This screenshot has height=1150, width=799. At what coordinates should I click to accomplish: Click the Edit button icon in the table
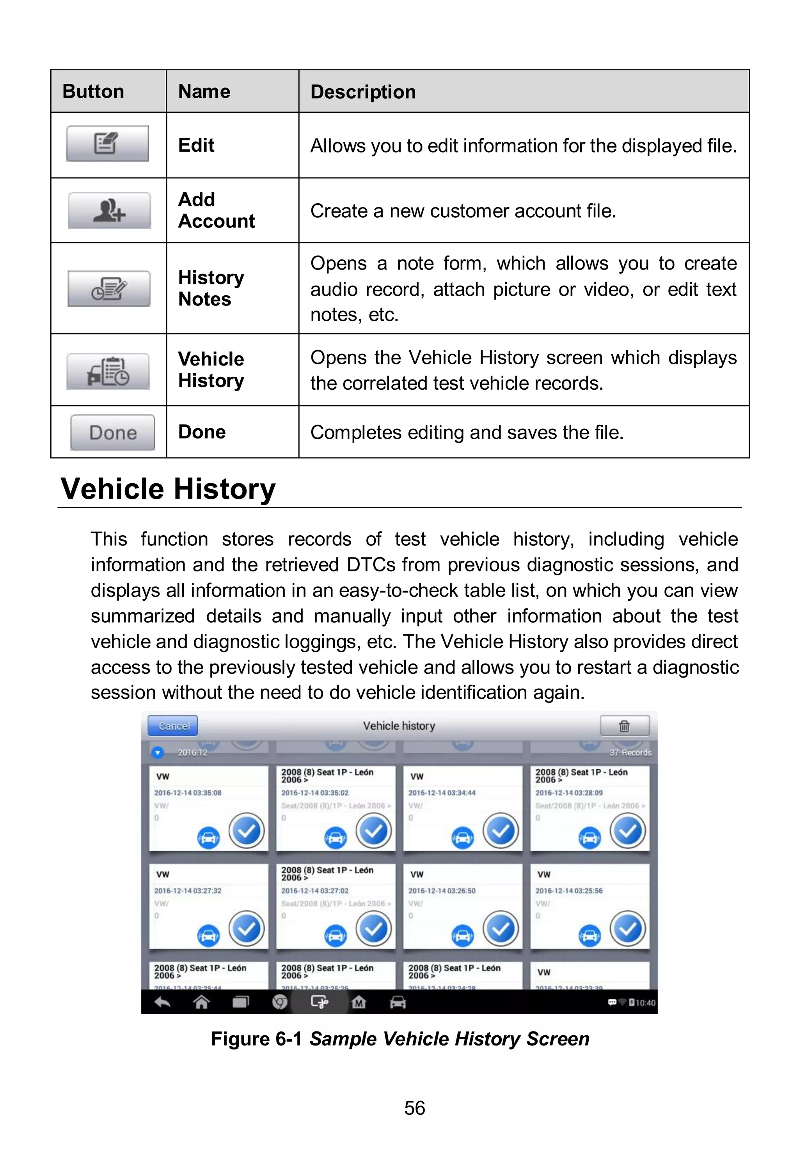tap(107, 144)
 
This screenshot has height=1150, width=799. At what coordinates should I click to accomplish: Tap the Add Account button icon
tap(109, 211)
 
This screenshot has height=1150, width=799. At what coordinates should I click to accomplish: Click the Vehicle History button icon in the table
tap(108, 371)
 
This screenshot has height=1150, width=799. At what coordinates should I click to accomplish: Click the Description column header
tap(363, 92)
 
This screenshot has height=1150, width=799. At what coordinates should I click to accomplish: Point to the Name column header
tap(204, 92)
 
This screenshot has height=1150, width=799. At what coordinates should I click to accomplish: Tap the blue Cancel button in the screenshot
tap(173, 726)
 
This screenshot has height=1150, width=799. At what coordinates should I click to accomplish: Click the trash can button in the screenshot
tap(624, 726)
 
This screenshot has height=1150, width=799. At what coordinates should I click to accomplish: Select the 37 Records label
tap(630, 752)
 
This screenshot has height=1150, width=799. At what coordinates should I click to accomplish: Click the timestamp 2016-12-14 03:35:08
tap(187, 793)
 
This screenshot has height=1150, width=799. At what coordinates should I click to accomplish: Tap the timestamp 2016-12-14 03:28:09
tap(569, 793)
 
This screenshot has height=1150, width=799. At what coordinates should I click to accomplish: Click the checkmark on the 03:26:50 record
tap(500, 929)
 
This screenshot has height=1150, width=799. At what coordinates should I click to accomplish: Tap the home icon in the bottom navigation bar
tap(201, 1003)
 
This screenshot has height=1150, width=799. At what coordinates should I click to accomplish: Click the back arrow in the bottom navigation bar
tap(162, 1003)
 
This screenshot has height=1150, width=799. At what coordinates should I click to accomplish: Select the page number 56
tap(414, 1108)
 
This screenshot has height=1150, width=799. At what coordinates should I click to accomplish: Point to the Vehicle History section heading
tap(168, 489)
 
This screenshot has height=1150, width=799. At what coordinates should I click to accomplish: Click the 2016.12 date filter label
tap(192, 752)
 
